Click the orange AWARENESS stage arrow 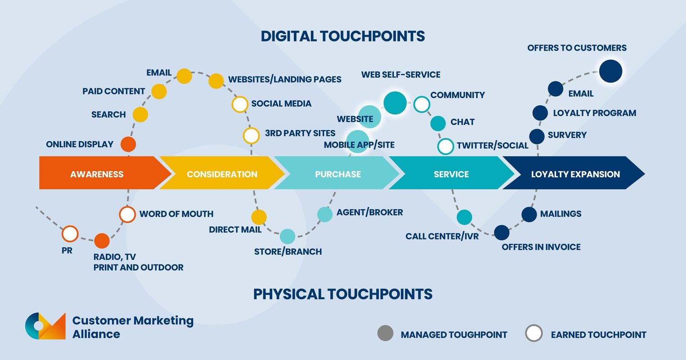97,174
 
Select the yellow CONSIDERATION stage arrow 222,174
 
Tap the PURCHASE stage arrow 338,174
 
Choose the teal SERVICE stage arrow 451,174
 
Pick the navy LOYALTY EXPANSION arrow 575,174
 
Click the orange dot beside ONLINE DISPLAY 128,144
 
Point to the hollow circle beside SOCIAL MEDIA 240,104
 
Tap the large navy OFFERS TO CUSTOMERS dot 610,71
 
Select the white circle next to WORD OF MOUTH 127,214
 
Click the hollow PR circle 70,234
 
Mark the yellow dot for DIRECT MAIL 259,217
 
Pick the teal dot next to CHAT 438,123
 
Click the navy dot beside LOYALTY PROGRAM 540,113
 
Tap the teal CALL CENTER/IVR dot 464,217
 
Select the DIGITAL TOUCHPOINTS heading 343,36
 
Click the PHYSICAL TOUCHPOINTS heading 343,294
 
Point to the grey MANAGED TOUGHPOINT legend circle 385,333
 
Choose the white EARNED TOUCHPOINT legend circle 534,333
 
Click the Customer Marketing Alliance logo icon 45,326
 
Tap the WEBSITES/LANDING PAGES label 284,80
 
